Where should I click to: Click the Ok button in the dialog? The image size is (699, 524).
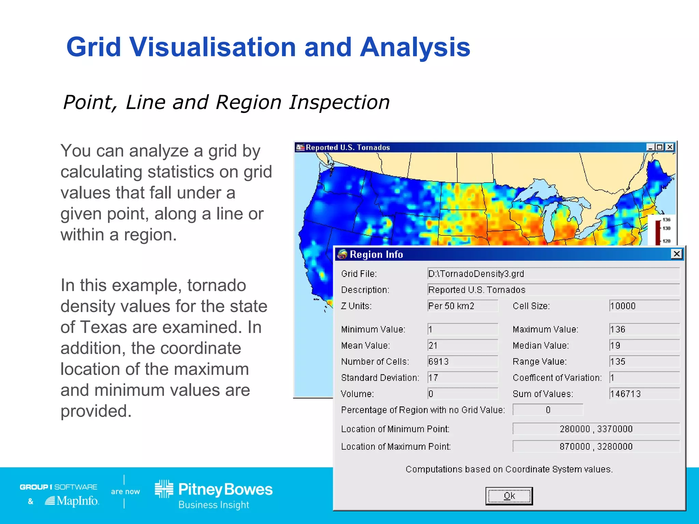pos(509,496)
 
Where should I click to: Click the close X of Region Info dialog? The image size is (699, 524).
pos(676,254)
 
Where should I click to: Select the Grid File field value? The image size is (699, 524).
pos(553,274)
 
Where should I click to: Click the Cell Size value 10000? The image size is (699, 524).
pos(644,306)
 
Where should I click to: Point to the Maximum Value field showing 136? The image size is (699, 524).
pos(644,329)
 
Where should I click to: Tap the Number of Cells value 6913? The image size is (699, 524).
pos(462,361)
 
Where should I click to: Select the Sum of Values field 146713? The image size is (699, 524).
pos(644,394)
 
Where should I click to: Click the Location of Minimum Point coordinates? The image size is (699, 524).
pos(596,429)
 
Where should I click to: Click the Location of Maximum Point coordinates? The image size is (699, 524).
pos(596,447)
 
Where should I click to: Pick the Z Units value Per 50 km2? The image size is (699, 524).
pos(462,306)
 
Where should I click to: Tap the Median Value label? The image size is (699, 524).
pos(541,346)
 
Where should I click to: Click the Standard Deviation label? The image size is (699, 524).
pos(380,378)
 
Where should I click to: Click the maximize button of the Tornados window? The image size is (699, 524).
pos(660,147)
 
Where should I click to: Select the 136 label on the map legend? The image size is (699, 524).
pos(666,220)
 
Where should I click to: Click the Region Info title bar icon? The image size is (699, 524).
pos(342,254)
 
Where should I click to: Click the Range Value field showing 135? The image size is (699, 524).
pos(644,361)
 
